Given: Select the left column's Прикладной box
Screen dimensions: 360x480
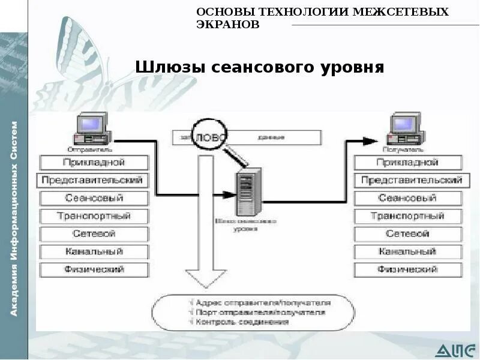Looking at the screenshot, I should (x=94, y=162).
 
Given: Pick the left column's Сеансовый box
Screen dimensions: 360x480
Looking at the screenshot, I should (x=94, y=198).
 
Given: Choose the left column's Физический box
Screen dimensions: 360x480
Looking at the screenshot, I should (x=94, y=269).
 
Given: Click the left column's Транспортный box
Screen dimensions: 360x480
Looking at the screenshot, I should (x=94, y=216).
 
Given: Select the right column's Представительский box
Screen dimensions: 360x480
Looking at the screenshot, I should (x=408, y=180).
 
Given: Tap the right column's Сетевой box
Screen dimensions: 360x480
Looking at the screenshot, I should (x=408, y=233).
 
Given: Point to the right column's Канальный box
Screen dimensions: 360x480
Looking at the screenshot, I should (x=408, y=251).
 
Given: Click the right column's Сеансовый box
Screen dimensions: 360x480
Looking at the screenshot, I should (x=408, y=198).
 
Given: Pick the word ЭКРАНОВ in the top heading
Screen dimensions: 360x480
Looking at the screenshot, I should (x=228, y=25).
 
